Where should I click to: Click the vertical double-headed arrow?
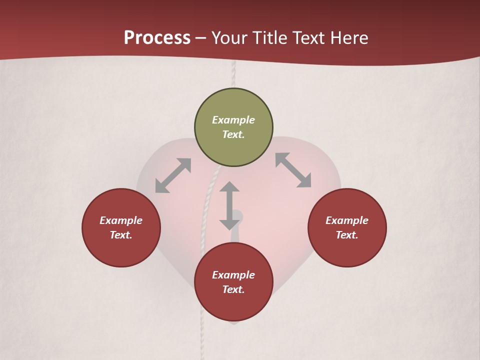[229, 205]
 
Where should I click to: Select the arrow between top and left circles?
[173, 175]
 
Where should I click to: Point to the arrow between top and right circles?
[293, 170]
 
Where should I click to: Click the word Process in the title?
[157, 37]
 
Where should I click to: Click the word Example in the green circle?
[233, 120]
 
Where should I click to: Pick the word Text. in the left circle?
[121, 235]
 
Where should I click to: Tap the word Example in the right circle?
[347, 220]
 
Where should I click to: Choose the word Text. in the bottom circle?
[233, 289]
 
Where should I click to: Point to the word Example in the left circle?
[121, 220]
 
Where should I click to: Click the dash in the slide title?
[201, 38]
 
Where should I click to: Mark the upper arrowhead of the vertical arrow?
[229, 187]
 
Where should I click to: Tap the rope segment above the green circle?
[233, 75]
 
